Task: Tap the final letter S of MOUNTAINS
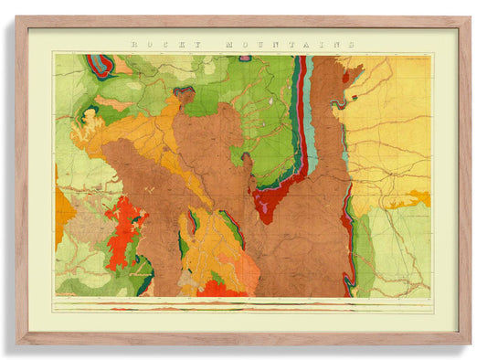351,43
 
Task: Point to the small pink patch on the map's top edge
245,58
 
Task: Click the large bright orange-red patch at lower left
124,233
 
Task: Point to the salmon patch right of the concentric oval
122,66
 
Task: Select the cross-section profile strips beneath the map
242,304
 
